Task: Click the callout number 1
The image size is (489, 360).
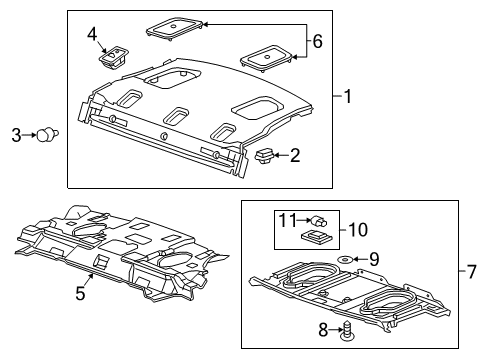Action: tap(348, 97)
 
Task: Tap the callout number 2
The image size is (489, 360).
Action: tap(296, 155)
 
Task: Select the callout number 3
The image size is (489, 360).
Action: tap(16, 135)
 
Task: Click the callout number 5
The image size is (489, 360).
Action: tap(81, 294)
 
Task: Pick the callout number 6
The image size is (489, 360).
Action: tap(317, 42)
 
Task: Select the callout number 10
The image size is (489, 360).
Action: tap(358, 229)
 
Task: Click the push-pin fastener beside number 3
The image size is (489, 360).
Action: tap(44, 135)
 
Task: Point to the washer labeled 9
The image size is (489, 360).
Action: tap(345, 260)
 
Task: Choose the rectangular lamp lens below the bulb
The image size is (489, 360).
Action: tap(313, 237)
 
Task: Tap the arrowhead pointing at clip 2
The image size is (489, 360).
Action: tap(279, 155)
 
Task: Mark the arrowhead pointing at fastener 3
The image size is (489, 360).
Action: tap(31, 135)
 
